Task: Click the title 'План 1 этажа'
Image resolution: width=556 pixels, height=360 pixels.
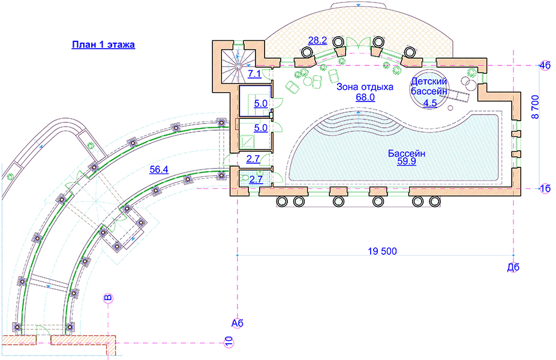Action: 103,44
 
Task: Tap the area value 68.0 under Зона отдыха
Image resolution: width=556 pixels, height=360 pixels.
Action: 365,97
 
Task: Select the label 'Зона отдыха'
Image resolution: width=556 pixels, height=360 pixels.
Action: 365,87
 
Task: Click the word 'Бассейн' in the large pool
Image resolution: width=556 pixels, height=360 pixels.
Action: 407,154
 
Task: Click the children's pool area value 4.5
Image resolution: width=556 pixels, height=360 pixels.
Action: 430,103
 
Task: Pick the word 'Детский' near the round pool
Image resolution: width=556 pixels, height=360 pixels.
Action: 429,80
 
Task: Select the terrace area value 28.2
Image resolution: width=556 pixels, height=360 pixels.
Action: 317,41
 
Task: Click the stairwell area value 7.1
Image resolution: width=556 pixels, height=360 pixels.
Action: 254,74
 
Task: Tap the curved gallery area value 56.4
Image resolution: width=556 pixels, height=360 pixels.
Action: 158,170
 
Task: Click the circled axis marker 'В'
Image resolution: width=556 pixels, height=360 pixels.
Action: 108,298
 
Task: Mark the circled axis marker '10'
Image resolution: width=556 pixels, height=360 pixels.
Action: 229,342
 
